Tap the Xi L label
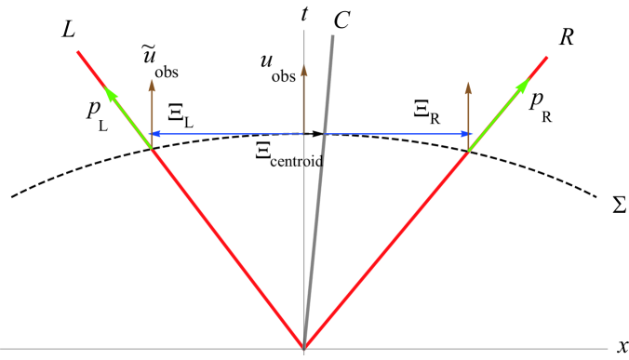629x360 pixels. [179, 115]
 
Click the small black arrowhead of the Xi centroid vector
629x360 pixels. [319, 134]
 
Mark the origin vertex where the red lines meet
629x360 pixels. [304, 348]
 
